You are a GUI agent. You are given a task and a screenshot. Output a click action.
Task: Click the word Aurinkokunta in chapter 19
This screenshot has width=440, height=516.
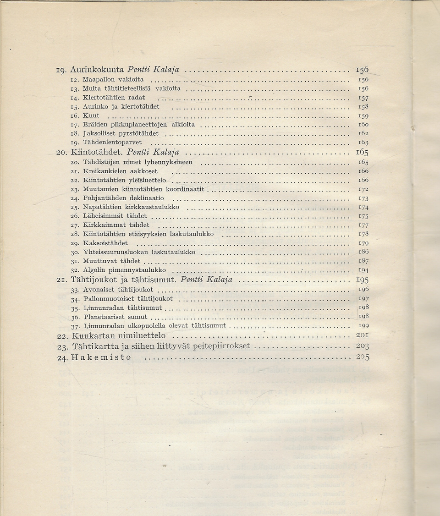(97, 70)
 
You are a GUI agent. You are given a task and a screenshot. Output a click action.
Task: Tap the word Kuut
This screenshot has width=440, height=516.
(91, 115)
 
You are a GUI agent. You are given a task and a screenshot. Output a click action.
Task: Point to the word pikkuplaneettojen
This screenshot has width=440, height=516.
(143, 124)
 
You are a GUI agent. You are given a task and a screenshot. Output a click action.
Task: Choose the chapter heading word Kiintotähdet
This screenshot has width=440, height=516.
(97, 152)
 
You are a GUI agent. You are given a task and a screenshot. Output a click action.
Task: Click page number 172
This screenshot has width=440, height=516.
(363, 189)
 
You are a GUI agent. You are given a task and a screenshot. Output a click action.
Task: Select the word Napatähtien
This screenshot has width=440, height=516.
(102, 207)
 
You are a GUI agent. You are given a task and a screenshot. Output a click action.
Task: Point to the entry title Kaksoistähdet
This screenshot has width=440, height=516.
(105, 243)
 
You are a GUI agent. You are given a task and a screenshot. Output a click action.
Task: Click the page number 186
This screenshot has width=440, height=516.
(363, 252)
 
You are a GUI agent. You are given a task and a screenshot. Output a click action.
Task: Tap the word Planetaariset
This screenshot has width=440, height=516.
(104, 317)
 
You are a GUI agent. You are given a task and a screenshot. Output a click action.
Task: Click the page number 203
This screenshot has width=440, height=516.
(363, 346)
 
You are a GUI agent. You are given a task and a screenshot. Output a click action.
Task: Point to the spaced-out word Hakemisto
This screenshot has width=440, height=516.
(101, 357)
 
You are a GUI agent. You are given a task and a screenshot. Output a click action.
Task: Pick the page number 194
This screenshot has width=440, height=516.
(363, 270)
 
